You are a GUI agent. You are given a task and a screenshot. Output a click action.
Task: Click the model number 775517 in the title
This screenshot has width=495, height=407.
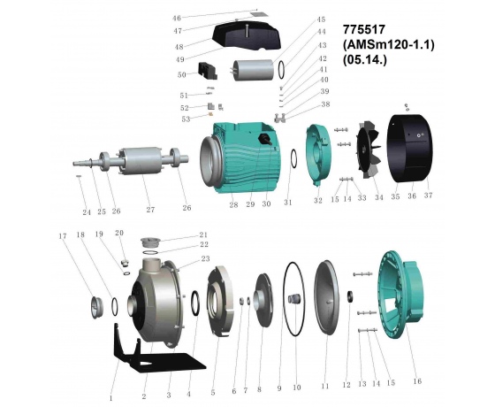pyautogui.click(x=364, y=29)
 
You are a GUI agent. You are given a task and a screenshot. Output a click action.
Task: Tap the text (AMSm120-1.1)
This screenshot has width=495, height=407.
pyautogui.click(x=389, y=44)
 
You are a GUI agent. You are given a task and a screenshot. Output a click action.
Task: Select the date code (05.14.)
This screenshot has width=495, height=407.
pyautogui.click(x=364, y=59)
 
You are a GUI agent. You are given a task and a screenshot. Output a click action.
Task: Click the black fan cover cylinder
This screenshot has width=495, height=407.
pyautogui.click(x=410, y=149)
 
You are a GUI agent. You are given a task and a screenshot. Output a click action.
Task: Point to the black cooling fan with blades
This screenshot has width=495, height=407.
pyautogui.click(x=369, y=149)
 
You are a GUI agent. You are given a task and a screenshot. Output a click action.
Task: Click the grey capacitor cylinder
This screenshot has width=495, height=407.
pyautogui.click(x=254, y=70)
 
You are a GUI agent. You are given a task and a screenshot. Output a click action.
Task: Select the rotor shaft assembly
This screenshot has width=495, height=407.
pyautogui.click(x=131, y=160)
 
